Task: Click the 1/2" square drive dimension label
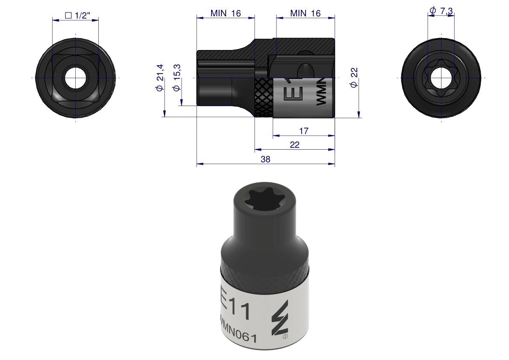[x=77, y=15]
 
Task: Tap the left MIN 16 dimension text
[x=226, y=13]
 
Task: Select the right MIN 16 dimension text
[x=305, y=13]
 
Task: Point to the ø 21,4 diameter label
[x=160, y=77]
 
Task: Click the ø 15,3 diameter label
[x=177, y=77]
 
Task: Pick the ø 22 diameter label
[x=354, y=77]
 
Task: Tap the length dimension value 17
[x=303, y=131]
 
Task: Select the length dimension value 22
[x=294, y=145]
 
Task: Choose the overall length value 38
[x=265, y=159]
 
